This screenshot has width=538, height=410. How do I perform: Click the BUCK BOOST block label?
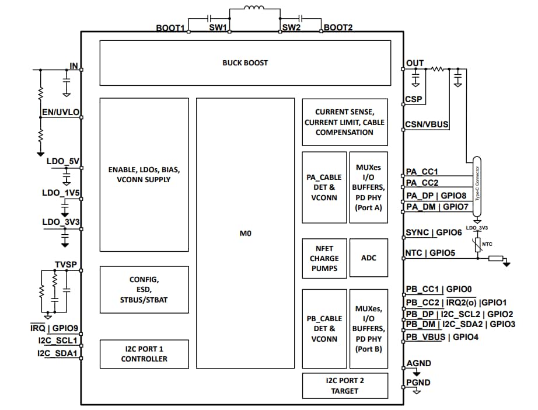tap(245, 62)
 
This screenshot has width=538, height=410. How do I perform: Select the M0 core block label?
tap(245, 233)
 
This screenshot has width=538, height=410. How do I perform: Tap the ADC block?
tap(368, 258)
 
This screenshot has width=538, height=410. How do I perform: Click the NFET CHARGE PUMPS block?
tap(324, 258)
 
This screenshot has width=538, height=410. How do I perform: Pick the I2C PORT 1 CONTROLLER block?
tap(144, 354)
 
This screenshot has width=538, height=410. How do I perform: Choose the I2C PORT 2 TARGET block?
tap(345, 385)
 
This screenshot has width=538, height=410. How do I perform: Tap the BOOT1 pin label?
tap(170, 28)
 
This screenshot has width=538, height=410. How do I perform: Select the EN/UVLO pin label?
tap(61, 112)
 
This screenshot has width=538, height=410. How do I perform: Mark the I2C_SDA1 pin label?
tap(57, 353)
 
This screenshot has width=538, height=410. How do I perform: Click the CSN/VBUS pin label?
tap(427, 124)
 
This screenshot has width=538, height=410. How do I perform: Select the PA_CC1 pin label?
tap(422, 172)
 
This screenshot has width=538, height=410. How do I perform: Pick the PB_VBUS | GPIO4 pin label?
tap(442, 336)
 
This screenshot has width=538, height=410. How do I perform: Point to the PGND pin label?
tap(418, 382)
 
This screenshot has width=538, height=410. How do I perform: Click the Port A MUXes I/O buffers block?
tap(368, 187)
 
